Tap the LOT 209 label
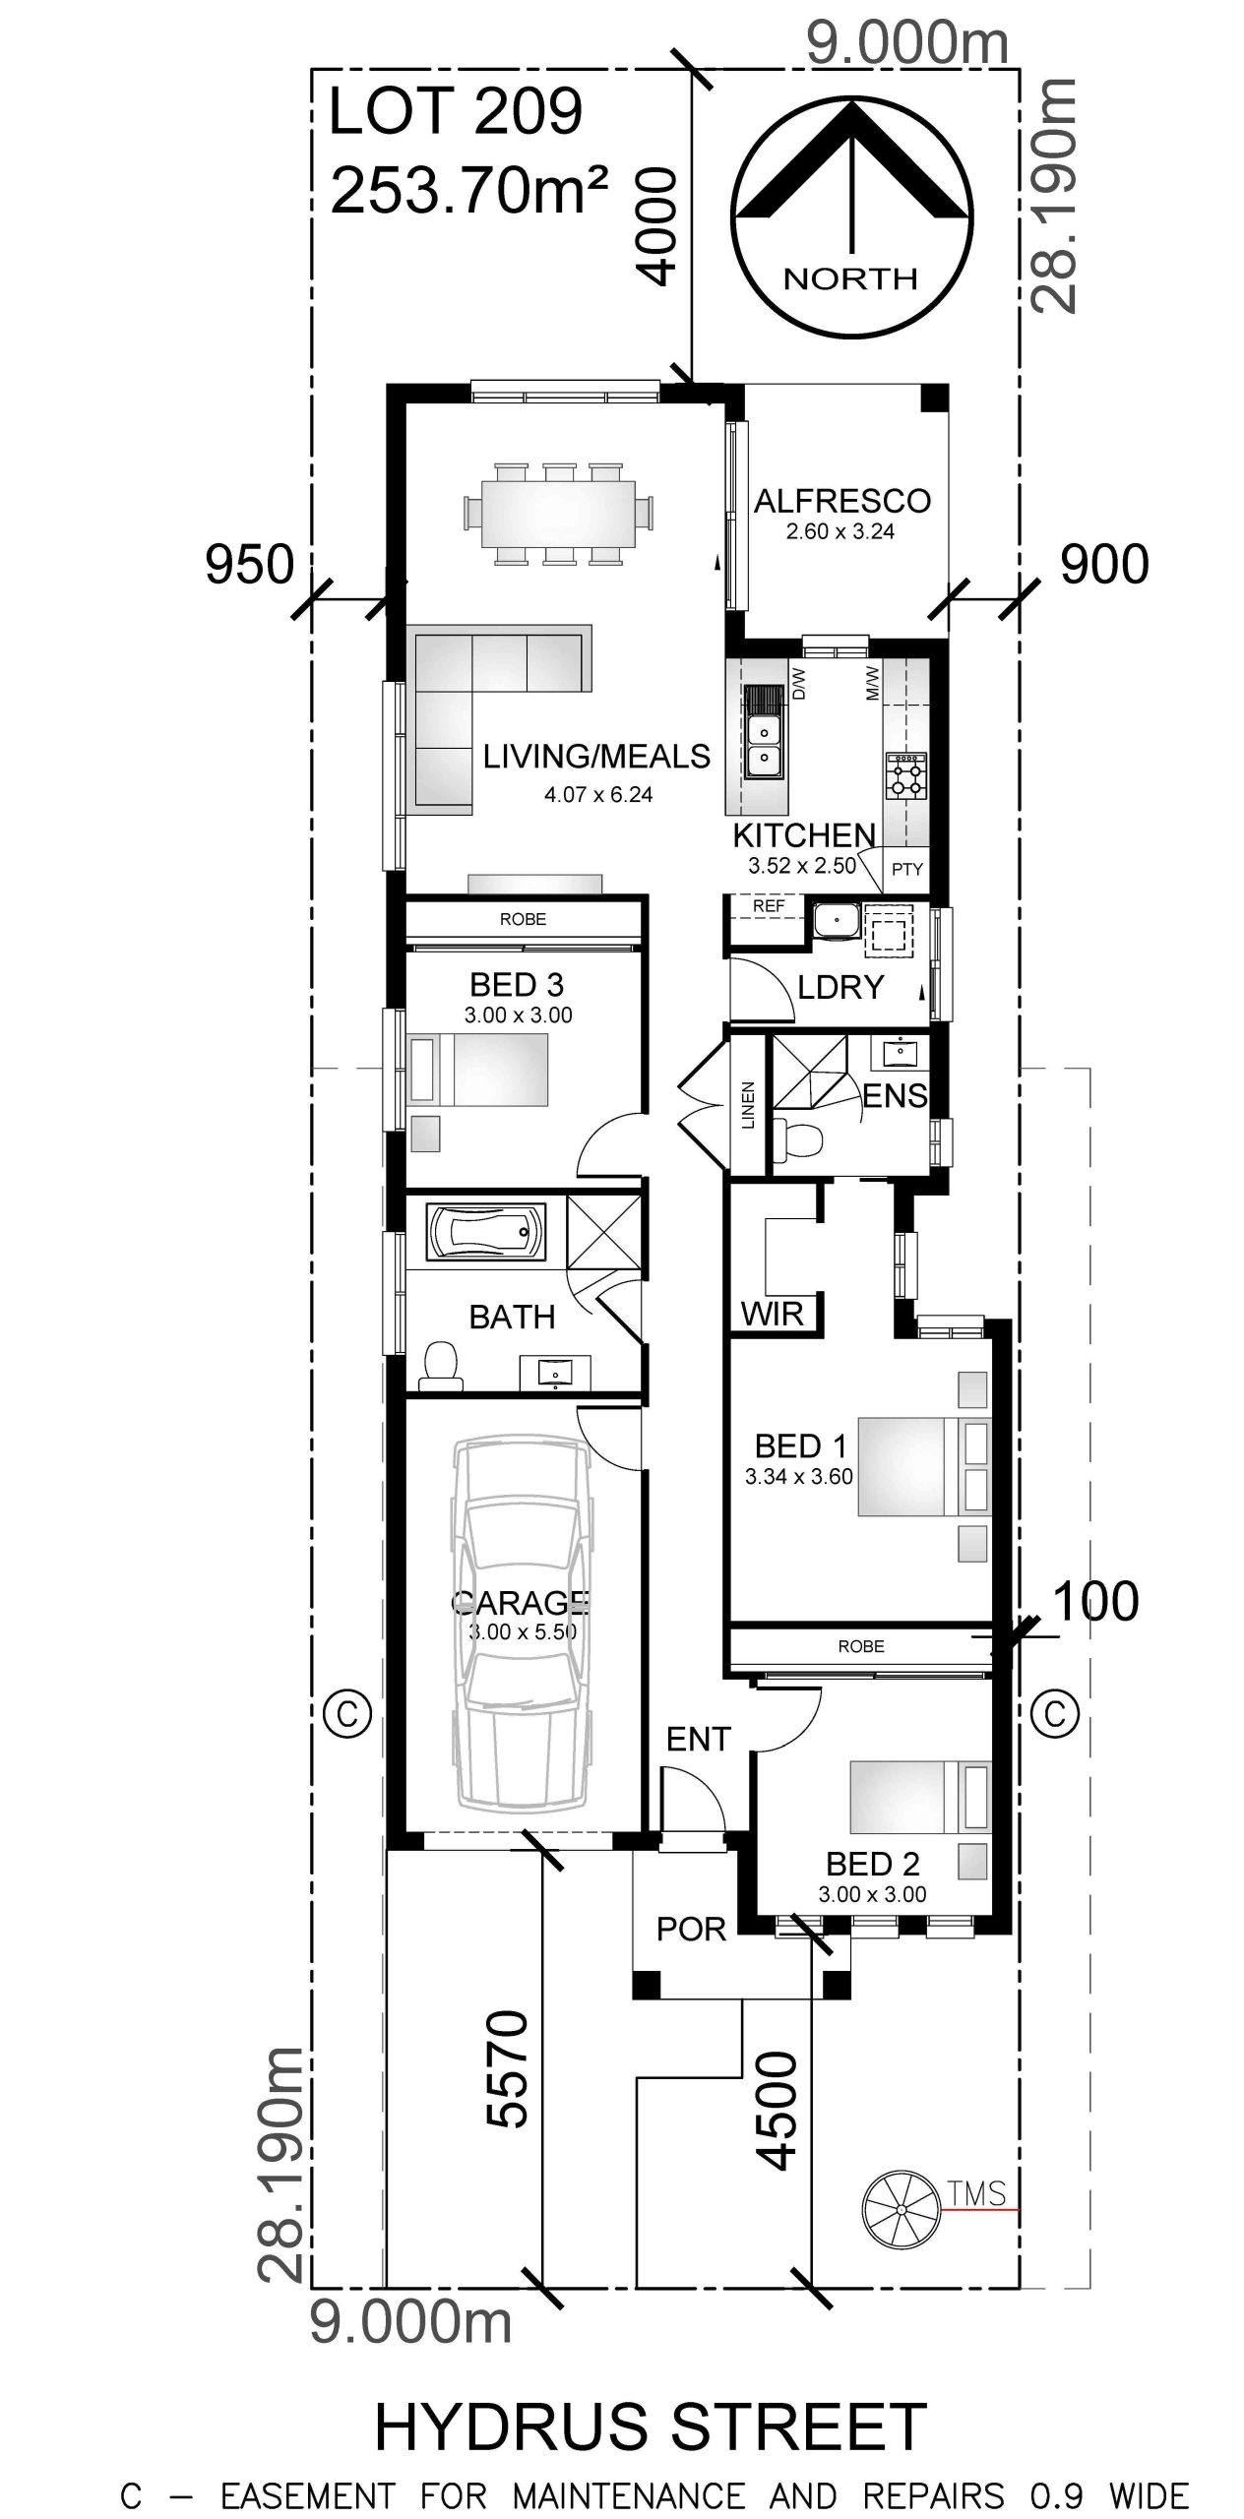pos(455,113)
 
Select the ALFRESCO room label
pos(842,501)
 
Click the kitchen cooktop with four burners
pos(905,773)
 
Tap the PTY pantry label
pos(907,869)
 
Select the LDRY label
pos(840,987)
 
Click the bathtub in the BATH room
pos(484,1231)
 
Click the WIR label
pos(773,1313)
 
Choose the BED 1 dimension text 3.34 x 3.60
pos(799,1476)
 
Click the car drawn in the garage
pos(520,1624)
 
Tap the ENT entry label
pos(698,1740)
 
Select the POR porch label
pos(691,1930)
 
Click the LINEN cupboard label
pos(748,1106)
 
